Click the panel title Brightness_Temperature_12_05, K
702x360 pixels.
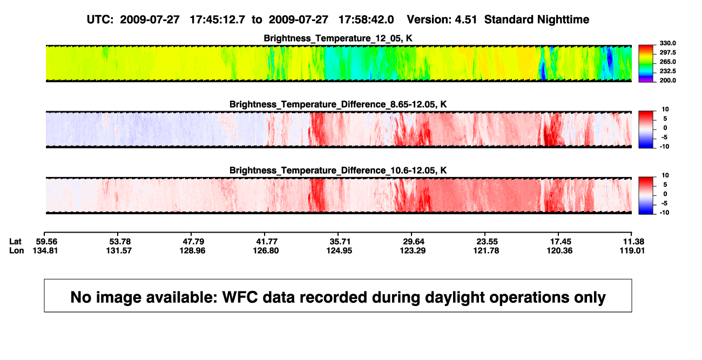pyautogui.click(x=338, y=38)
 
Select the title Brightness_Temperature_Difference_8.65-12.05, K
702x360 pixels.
pyautogui.click(x=338, y=104)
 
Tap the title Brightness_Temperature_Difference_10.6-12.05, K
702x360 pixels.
pyautogui.click(x=338, y=171)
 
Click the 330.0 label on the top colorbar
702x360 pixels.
pyautogui.click(x=667, y=43)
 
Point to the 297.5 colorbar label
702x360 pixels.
pyautogui.click(x=667, y=52)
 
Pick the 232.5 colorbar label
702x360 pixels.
pyautogui.click(x=667, y=71)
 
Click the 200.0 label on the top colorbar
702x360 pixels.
pyautogui.click(x=667, y=80)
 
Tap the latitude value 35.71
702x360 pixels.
pyautogui.click(x=340, y=242)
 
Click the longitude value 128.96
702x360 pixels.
pyautogui.click(x=192, y=250)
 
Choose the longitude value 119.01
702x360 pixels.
pyautogui.click(x=632, y=250)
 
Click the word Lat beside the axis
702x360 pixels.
pyautogui.click(x=15, y=242)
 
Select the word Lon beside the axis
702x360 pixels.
pyautogui.click(x=17, y=250)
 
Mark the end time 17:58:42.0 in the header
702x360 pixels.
pyautogui.click(x=366, y=19)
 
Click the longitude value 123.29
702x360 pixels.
pyautogui.click(x=413, y=250)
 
